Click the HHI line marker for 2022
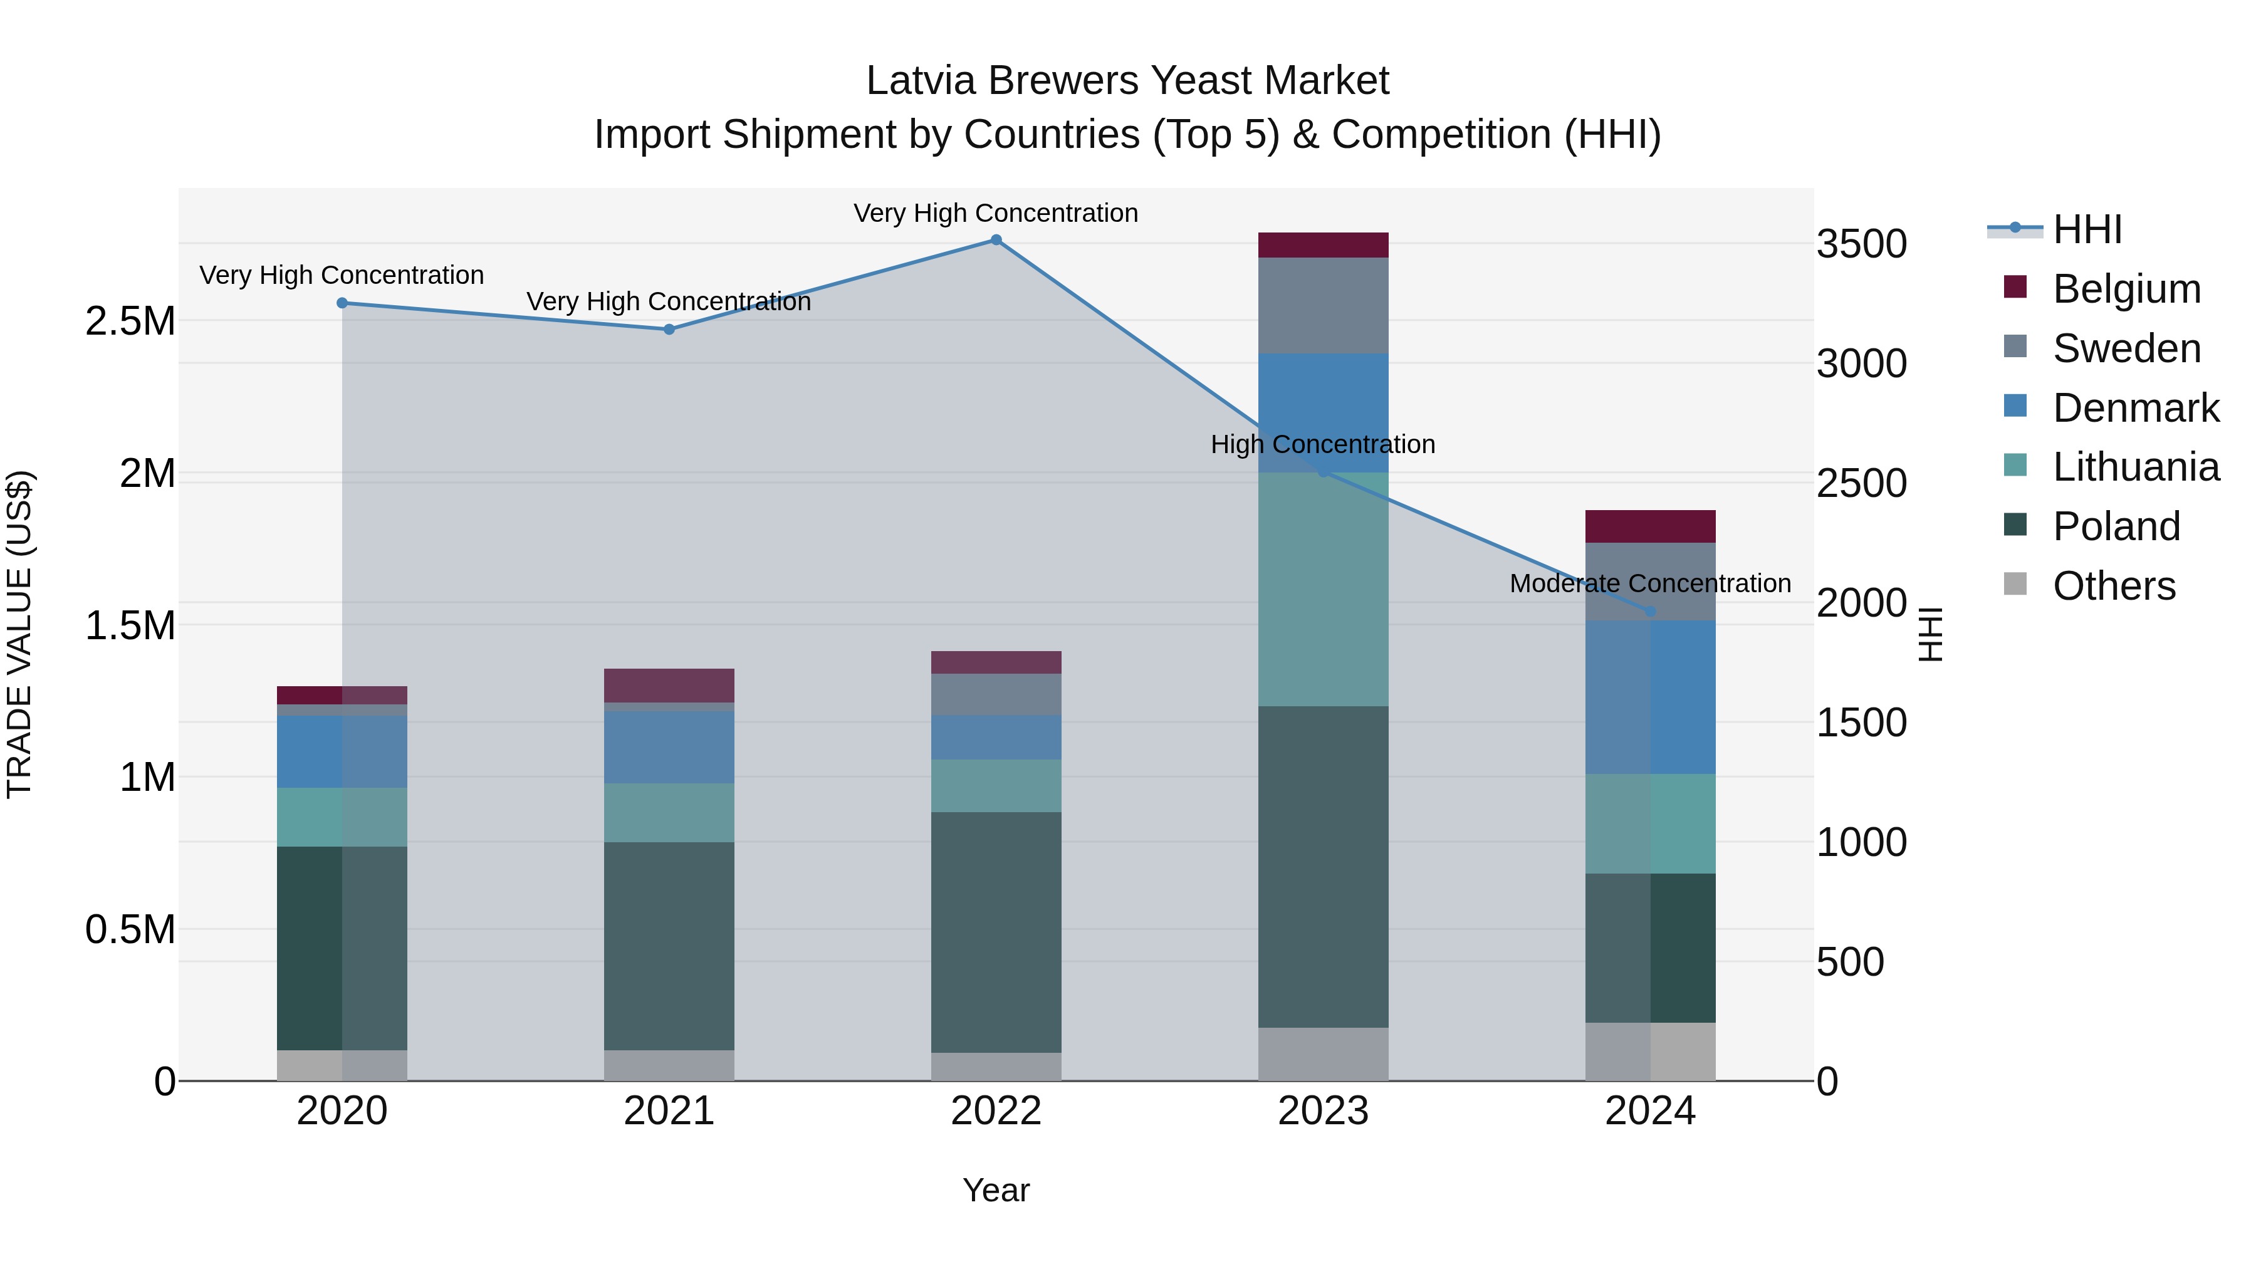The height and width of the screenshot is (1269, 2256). [996, 240]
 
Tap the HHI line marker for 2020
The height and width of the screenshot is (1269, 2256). [342, 303]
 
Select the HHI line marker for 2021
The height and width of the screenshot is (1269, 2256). [669, 329]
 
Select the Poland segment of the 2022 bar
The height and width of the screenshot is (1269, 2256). [996, 932]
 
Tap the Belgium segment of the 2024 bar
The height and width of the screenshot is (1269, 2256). [1650, 526]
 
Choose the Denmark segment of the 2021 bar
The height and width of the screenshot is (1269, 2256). [669, 746]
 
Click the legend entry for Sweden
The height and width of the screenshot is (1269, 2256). [2126, 348]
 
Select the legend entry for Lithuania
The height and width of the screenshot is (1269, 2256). [2135, 467]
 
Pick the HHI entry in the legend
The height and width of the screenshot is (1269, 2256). [2086, 229]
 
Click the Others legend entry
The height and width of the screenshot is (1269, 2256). [2112, 585]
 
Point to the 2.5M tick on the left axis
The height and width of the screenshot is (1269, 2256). [130, 321]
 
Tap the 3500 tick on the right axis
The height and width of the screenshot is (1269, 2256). [1861, 244]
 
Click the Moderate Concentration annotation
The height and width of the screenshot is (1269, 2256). [1650, 583]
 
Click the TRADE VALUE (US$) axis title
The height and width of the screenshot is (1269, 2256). [19, 634]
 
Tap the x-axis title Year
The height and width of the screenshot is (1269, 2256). [996, 1190]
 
